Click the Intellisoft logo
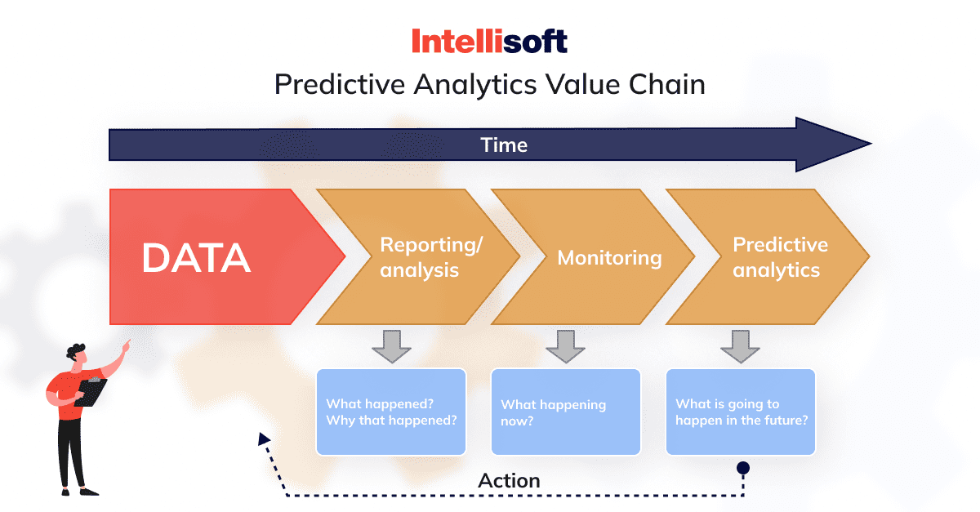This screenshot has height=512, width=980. tap(489, 41)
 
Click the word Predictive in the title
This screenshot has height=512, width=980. tap(340, 84)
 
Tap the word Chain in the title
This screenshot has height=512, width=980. tap(666, 83)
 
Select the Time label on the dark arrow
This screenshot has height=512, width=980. tap(504, 145)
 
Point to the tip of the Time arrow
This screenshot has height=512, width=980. tap(871, 143)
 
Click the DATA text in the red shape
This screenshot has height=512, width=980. tap(196, 258)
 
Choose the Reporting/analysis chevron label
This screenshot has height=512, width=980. tap(431, 257)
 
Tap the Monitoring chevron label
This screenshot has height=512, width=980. tap(609, 258)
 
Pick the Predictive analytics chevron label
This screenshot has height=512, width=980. tap(780, 257)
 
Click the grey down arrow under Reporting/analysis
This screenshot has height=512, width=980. tap(391, 346)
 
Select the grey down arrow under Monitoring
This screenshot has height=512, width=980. tap(566, 346)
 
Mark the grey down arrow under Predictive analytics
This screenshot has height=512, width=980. tap(740, 346)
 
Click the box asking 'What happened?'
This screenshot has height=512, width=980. tap(391, 412)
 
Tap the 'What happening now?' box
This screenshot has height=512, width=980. tap(566, 412)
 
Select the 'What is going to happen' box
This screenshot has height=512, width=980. tap(740, 412)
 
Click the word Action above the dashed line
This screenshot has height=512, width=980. tap(509, 481)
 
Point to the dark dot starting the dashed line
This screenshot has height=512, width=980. tap(743, 468)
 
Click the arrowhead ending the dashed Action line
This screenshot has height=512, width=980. tap(263, 439)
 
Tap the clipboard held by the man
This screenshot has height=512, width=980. tap(91, 392)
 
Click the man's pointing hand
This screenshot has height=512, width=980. tap(127, 346)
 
